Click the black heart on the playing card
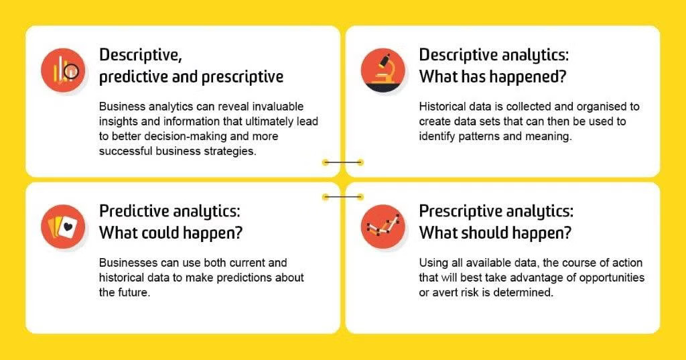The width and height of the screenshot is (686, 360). pos(68,228)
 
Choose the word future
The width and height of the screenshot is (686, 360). pos(132,292)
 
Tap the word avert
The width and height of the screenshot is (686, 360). pos(444,292)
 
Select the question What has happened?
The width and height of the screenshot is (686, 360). pos(492,76)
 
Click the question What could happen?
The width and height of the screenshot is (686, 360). pos(171,233)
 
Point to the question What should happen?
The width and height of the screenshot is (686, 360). pos(495,233)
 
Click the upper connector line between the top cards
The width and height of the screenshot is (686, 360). pos(342,162)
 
